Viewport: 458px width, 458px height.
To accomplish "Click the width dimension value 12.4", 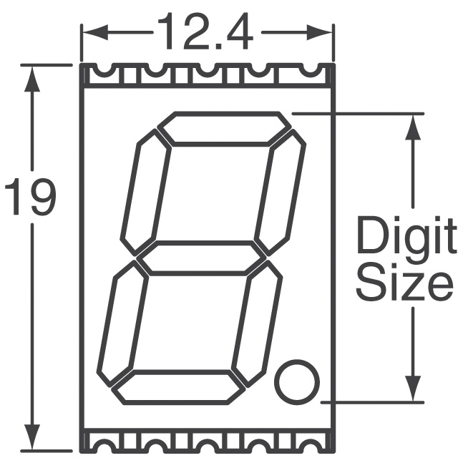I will coord(205,33).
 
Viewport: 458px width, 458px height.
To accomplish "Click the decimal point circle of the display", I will coord(297,381).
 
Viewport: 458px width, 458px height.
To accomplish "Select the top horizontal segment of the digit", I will coord(224,129).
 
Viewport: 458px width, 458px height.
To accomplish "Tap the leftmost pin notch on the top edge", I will coord(100,71).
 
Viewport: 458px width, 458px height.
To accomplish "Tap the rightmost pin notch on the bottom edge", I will coord(310,438).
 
